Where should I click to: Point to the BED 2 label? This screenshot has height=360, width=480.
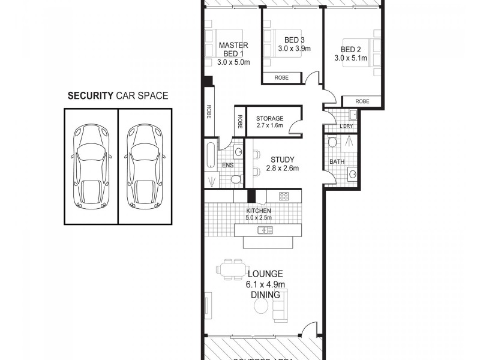point(350,49)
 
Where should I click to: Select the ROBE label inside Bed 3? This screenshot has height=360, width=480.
point(281,77)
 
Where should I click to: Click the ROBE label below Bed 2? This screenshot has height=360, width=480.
point(362,101)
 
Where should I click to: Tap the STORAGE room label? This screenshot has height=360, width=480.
point(269,119)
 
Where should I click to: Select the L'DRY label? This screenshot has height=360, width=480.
point(346,126)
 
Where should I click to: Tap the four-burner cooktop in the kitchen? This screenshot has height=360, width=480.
point(284,196)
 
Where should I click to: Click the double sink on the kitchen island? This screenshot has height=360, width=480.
point(265,230)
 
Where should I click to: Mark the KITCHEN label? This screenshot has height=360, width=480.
point(259,211)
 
